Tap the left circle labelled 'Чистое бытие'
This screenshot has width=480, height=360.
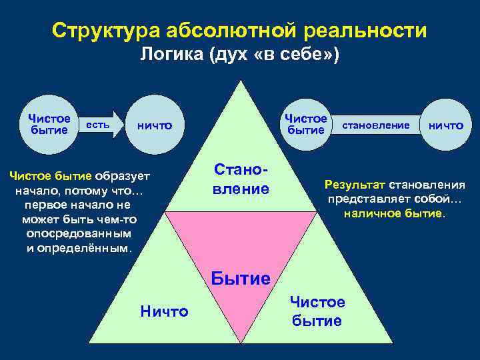click(x=49, y=124)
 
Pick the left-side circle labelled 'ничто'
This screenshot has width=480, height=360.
click(x=155, y=125)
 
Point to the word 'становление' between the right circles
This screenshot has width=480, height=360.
click(x=375, y=125)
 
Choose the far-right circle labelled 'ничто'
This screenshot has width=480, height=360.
click(x=445, y=125)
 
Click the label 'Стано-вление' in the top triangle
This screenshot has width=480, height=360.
click(x=241, y=179)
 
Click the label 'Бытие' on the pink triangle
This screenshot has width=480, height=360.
click(x=241, y=278)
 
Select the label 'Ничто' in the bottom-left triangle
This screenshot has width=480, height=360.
click(x=165, y=311)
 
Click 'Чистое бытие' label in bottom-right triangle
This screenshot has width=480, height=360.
click(x=317, y=311)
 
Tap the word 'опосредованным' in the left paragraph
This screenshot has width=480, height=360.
click(x=79, y=234)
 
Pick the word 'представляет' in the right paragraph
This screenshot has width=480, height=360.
click(x=361, y=199)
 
